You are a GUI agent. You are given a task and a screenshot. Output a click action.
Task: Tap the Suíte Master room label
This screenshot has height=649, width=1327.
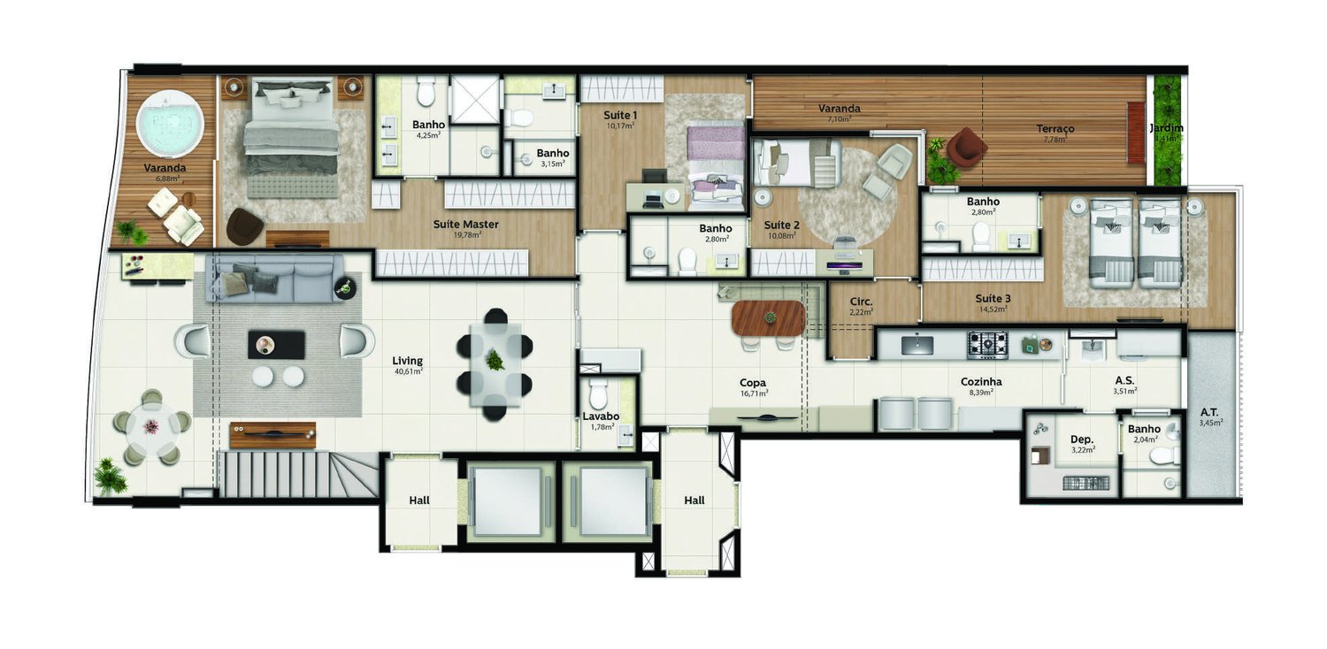coord(465,225)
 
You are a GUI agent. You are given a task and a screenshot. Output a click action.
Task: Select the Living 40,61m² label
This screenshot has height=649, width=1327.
coord(408,361)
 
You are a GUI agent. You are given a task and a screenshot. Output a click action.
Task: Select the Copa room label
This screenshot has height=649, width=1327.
coord(753,384)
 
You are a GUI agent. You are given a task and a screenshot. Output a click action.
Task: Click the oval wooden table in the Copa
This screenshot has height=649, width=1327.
coord(769,318)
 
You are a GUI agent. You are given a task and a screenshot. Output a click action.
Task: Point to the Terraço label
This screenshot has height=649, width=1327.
coord(1055,129)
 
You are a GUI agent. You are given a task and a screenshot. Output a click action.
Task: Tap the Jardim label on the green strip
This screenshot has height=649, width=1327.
coord(1166,129)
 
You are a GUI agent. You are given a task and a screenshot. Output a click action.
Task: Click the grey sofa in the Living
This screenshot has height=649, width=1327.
coord(275,277)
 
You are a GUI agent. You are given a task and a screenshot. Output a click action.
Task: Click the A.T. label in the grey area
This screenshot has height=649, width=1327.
coord(1209,412)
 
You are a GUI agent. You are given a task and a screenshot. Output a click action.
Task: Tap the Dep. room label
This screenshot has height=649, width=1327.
coord(1082,439)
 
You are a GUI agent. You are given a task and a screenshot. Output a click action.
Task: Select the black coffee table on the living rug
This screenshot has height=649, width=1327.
coord(276,344)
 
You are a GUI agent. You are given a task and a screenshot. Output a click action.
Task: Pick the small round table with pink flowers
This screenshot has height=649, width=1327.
coord(151,427)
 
